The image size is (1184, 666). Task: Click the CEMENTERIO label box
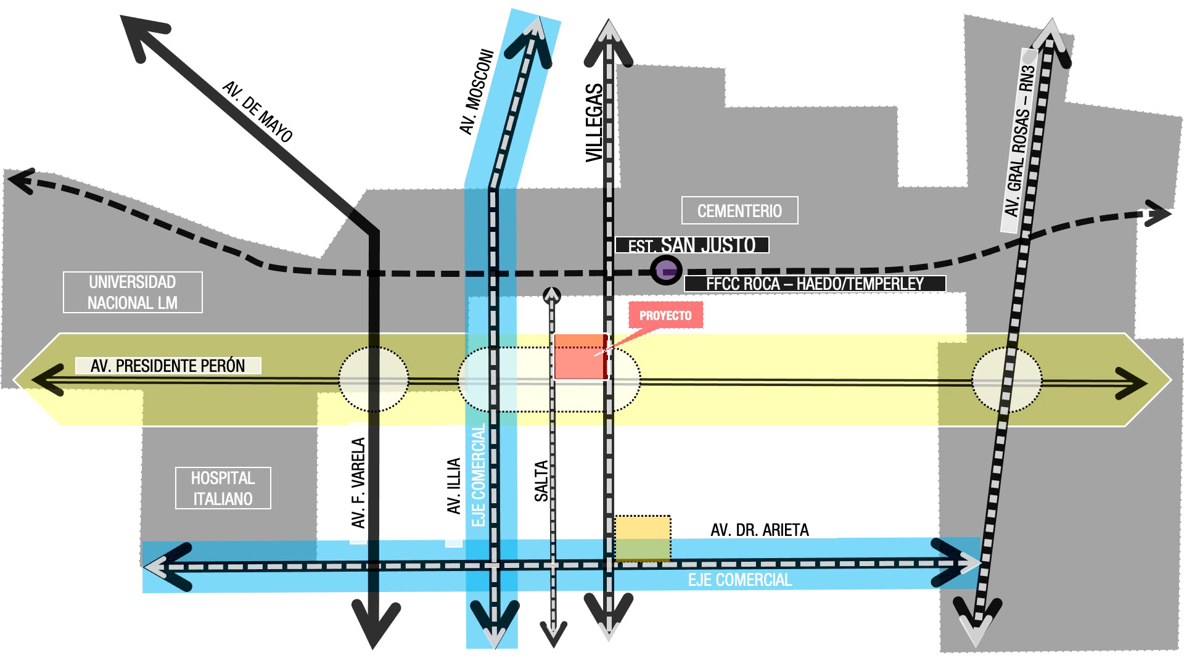pos(739,210)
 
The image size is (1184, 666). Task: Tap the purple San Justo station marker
pos(666,270)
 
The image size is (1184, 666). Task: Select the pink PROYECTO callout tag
pos(665,316)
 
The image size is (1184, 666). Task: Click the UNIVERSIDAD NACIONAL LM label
pos(133,292)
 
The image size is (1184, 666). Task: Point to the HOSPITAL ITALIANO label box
pos(223,488)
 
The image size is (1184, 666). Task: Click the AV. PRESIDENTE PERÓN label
pos(168,366)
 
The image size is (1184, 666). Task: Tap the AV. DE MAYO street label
pos(257,112)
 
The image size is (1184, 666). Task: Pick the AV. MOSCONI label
pos(477,92)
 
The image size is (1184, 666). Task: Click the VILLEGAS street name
pos(594,123)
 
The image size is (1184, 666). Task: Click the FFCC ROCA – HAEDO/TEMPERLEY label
pos(815,284)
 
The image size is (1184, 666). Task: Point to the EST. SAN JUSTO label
pos(692,245)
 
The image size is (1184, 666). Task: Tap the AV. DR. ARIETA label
pos(760,530)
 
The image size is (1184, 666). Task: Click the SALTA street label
pos(541,481)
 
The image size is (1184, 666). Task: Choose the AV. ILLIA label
pos(454,486)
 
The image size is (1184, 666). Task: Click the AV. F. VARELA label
pos(358,483)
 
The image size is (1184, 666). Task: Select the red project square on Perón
pos(581,356)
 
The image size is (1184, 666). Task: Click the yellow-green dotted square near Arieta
pos(643,538)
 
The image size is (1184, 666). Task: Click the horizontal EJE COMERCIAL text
pos(740,580)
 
